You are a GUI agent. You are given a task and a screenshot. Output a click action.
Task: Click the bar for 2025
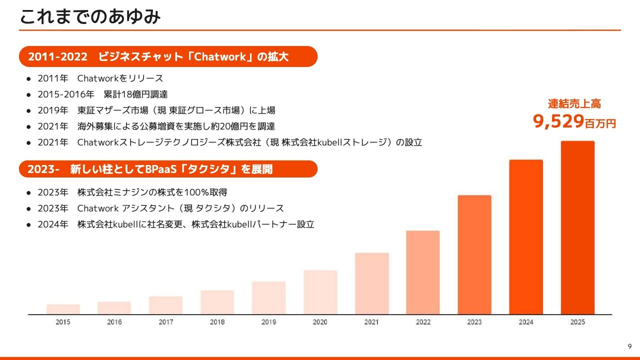[577, 227]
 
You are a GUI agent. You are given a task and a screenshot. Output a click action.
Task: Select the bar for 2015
[63, 309]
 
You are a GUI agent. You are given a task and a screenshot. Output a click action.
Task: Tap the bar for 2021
[372, 283]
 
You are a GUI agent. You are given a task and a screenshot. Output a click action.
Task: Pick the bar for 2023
[474, 254]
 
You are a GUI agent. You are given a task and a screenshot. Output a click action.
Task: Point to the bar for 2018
[217, 302]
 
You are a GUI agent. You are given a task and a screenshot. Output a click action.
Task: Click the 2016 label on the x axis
[114, 322]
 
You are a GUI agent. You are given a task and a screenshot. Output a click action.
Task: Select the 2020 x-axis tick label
[320, 322]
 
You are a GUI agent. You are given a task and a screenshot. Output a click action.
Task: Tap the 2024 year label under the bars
[526, 322]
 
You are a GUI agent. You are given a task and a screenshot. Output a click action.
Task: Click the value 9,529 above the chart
[558, 121]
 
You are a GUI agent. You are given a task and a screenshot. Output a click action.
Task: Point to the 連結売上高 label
[574, 104]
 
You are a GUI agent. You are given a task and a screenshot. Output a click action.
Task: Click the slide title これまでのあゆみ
[90, 17]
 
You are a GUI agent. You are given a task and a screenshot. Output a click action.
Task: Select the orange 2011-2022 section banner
[168, 56]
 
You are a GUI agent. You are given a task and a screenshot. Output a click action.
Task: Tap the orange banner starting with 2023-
[168, 169]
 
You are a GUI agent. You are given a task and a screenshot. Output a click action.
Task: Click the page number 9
[629, 346]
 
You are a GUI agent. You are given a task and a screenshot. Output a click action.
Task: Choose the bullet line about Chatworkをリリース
[100, 78]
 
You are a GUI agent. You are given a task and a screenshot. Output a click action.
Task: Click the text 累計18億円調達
[135, 94]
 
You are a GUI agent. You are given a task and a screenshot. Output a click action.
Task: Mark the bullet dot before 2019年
[28, 110]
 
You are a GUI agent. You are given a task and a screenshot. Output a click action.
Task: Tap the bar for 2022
[423, 272]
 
